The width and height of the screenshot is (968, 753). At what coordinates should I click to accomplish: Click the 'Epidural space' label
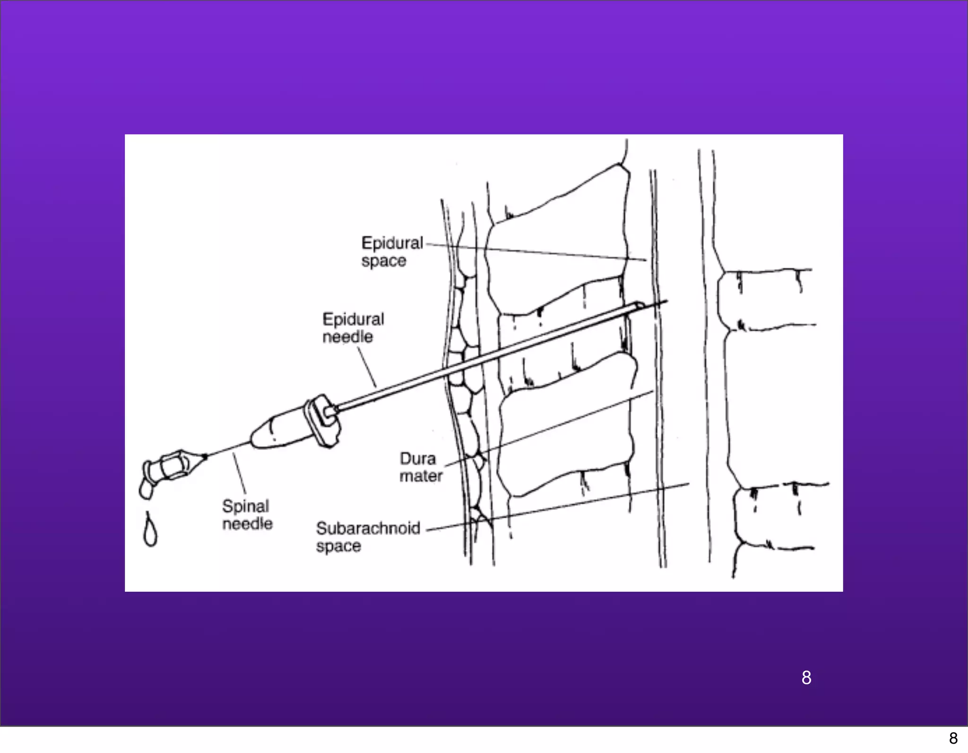(x=392, y=251)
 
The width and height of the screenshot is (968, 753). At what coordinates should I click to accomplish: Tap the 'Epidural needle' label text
(x=353, y=328)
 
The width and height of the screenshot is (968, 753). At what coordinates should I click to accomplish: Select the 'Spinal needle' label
(x=247, y=515)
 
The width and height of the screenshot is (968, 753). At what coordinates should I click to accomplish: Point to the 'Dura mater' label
(x=421, y=467)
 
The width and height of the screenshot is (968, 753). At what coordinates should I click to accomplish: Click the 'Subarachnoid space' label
(x=368, y=537)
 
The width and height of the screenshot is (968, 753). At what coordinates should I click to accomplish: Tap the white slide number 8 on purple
(x=806, y=677)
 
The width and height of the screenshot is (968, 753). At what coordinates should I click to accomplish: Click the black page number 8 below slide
(x=953, y=738)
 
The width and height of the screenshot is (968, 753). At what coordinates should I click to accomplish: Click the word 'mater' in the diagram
(x=421, y=476)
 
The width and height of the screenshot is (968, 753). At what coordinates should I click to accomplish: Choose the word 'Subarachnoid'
(x=368, y=528)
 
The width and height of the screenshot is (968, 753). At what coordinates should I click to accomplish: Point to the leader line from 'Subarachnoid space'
(x=558, y=507)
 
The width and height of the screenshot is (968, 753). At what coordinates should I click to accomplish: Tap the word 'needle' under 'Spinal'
(x=248, y=524)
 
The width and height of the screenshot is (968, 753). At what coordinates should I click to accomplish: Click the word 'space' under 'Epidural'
(x=384, y=261)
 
